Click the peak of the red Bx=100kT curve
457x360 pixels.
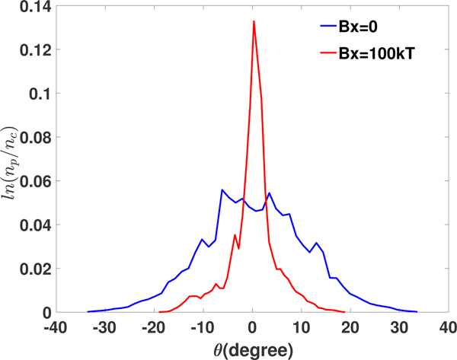[x=254, y=21]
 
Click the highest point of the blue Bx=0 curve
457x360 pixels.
[x=222, y=190]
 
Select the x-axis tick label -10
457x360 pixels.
[x=203, y=328]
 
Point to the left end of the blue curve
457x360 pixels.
[x=88, y=311]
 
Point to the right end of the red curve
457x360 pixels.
[x=345, y=312]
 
